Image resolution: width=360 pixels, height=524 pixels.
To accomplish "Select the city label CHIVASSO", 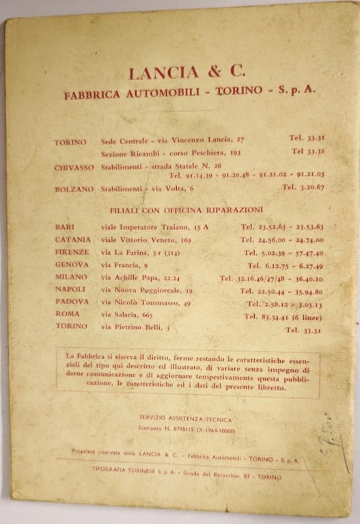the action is pos(74,167).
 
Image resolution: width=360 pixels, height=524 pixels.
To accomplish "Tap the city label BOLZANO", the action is pos(73,189).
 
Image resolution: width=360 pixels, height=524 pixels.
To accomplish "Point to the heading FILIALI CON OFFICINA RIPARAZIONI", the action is pos(186,210).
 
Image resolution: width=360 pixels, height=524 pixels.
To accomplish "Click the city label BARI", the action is pos(65,226).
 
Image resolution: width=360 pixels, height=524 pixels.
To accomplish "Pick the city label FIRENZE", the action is pos(72,252).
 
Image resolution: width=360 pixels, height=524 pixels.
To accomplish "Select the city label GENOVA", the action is pos(71,264).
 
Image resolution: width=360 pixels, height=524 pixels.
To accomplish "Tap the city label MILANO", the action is pos(71,277).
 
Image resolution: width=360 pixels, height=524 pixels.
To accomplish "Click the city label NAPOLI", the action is pos(70,290).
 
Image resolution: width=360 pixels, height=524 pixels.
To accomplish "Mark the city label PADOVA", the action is pos(71,301).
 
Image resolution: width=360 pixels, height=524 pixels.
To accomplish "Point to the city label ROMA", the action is pos(66,314).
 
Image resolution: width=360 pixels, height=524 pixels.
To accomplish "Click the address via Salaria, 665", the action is pos(127,315).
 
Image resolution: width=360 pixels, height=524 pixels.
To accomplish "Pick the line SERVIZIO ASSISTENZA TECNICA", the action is pos(185,418).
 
